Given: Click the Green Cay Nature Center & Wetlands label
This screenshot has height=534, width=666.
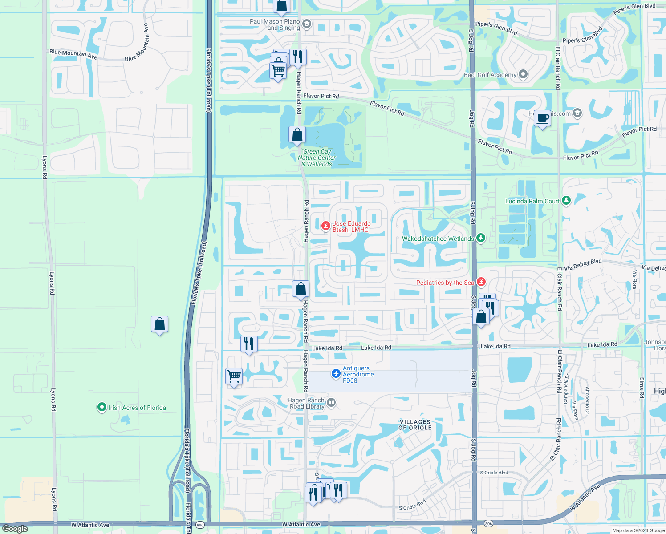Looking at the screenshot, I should click(x=317, y=158).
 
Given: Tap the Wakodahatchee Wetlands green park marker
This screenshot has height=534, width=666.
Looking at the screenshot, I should click(x=480, y=238).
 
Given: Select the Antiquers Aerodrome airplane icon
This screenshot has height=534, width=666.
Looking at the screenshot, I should click(x=336, y=374).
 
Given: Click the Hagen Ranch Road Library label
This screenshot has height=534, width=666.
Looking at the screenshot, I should click(x=306, y=403).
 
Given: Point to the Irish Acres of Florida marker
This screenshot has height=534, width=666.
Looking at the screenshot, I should click(x=102, y=407).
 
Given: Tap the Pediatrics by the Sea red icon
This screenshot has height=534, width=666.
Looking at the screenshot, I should click(x=481, y=282).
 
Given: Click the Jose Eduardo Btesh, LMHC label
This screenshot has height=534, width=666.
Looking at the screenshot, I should click(x=351, y=227).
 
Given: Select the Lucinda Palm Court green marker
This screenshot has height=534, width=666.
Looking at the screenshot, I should click(x=566, y=201).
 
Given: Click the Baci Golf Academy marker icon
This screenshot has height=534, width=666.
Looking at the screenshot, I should click(x=523, y=74).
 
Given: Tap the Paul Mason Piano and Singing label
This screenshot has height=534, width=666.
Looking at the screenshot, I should click(x=275, y=24).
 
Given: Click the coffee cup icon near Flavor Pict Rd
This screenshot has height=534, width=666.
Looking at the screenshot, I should click(x=542, y=119).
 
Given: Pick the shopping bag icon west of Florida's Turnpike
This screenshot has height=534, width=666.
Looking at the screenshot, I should click(x=159, y=324).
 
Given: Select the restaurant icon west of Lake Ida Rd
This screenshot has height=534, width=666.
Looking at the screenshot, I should click(x=249, y=344).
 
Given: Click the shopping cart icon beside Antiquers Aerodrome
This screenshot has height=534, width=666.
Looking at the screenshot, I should click(x=234, y=376).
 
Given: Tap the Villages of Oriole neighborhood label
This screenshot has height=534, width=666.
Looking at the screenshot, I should click(x=415, y=425).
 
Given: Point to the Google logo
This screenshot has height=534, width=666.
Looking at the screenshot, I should click(x=15, y=529).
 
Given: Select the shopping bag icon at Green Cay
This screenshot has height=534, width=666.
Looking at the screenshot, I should click(x=297, y=134).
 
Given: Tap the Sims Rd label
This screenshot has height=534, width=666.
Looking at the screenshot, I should click(x=642, y=388).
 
